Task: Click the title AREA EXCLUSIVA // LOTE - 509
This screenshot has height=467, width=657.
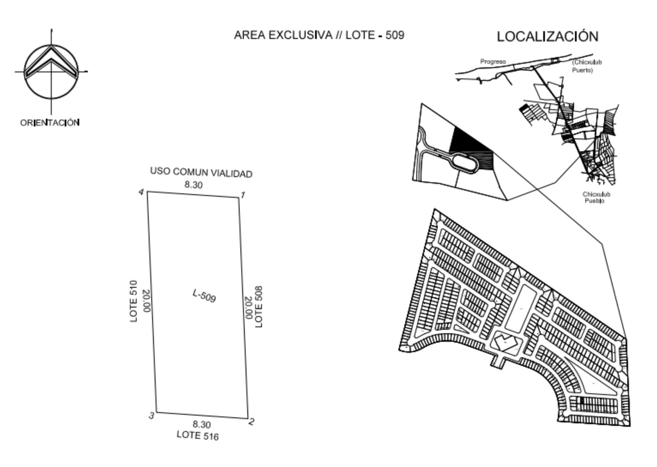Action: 319,35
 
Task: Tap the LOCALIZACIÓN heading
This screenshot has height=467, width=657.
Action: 547,37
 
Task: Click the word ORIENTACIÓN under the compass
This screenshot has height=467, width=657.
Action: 50,123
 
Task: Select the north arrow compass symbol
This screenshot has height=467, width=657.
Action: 51,72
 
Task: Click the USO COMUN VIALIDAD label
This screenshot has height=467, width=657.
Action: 201,172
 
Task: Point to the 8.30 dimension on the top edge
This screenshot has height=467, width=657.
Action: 193,185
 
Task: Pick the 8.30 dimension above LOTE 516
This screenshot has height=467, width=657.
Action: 202,424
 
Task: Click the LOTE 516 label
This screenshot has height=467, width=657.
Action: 197,436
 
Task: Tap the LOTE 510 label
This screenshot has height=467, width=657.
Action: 133,301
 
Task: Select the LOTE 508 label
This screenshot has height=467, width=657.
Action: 259,306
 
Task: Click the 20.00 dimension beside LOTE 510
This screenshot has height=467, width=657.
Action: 146,301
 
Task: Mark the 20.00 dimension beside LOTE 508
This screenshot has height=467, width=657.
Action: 248,308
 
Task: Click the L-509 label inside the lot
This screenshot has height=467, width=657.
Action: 204,296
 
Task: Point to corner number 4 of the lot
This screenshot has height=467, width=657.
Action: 148,191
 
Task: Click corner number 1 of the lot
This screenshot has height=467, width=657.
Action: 239,198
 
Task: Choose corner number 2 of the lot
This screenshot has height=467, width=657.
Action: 248,418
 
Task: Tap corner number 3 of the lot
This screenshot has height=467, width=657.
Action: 157,412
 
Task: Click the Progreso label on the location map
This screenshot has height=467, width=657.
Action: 493,62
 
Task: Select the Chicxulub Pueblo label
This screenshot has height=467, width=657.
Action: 596,198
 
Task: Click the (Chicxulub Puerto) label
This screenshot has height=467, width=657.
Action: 587,66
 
